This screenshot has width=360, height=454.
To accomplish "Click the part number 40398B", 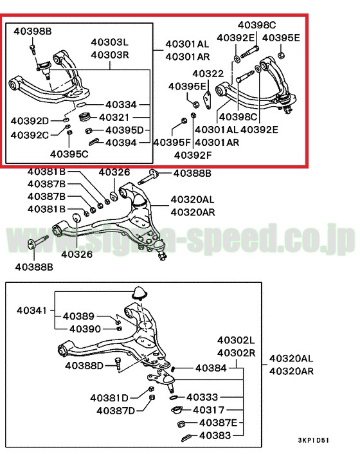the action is pyautogui.click(x=33, y=31).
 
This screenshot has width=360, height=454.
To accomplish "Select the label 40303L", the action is pyautogui.click(x=110, y=42).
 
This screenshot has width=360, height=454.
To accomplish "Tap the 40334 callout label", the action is pyautogui.click(x=121, y=105).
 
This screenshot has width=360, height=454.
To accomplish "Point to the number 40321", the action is pyautogui.click(x=114, y=117).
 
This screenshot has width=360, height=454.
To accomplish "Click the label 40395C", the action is pyautogui.click(x=69, y=154).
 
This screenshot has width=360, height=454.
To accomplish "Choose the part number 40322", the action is pyautogui.click(x=208, y=73).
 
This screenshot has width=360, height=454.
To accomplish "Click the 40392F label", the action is pyautogui.click(x=193, y=156).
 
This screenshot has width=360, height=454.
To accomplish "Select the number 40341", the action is pyautogui.click(x=32, y=311).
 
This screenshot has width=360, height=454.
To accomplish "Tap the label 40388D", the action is pyautogui.click(x=84, y=366).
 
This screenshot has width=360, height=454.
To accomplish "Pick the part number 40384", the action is pyautogui.click(x=211, y=368).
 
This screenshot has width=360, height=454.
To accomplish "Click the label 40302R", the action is pyautogui.click(x=236, y=353).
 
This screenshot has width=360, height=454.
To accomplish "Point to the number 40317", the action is pyautogui.click(x=209, y=410).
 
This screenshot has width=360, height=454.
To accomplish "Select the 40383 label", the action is pyautogui.click(x=215, y=435).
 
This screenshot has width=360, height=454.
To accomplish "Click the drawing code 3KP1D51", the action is pyautogui.click(x=314, y=440).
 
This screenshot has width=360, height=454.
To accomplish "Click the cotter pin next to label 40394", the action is pyautogui.click(x=94, y=142).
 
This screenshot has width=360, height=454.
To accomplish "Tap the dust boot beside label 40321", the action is pyautogui.click(x=85, y=116).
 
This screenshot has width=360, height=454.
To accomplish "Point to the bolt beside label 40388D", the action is pyautogui.click(x=118, y=363).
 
